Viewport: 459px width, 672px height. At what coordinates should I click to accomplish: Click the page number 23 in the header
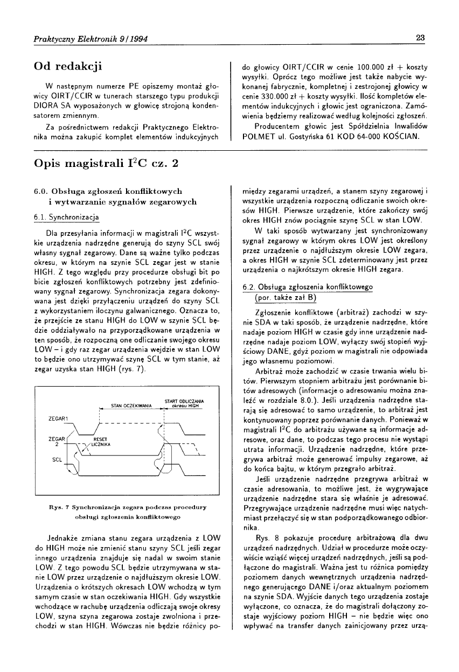click(x=421, y=38)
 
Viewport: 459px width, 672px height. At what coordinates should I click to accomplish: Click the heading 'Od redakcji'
click(x=68, y=66)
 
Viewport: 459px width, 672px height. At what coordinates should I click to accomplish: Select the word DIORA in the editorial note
click(x=45, y=106)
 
